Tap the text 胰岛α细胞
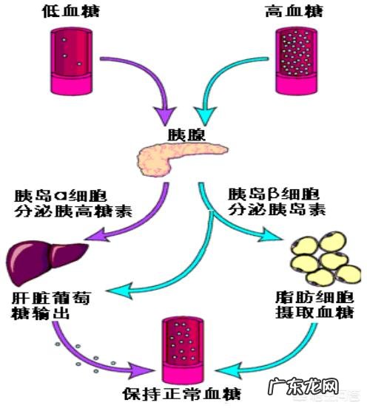61,197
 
